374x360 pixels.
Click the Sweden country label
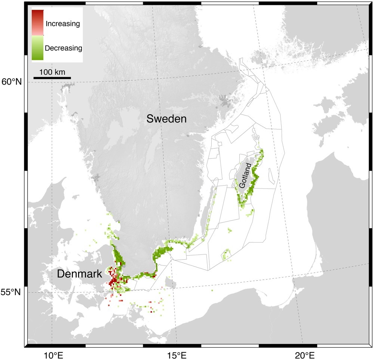[166, 119]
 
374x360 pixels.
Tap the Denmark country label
[79, 274]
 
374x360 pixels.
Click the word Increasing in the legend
[62, 24]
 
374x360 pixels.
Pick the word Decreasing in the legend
[63, 48]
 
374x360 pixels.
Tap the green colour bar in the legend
[38, 48]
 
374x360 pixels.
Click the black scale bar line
[52, 78]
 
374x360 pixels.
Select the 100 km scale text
[52, 71]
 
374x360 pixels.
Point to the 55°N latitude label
[12, 292]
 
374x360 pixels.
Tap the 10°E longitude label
[52, 354]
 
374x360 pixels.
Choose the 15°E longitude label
[177, 354]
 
